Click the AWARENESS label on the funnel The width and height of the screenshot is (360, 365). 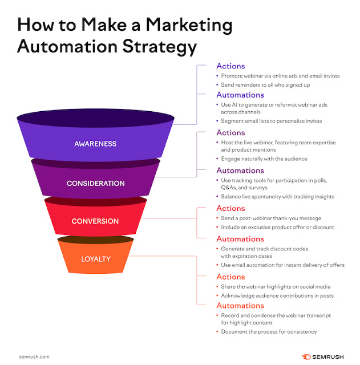click(95, 144)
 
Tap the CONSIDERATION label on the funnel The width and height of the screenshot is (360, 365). click(95, 184)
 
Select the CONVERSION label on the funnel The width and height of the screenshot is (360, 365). click(95, 221)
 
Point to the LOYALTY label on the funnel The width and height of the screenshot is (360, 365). click(95, 259)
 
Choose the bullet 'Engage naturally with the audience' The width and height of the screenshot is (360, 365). click(265, 159)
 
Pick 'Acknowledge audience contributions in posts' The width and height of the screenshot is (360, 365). click(277, 295)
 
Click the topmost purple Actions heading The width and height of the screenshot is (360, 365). click(230, 66)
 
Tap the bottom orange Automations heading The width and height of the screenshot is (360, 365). click(240, 306)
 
